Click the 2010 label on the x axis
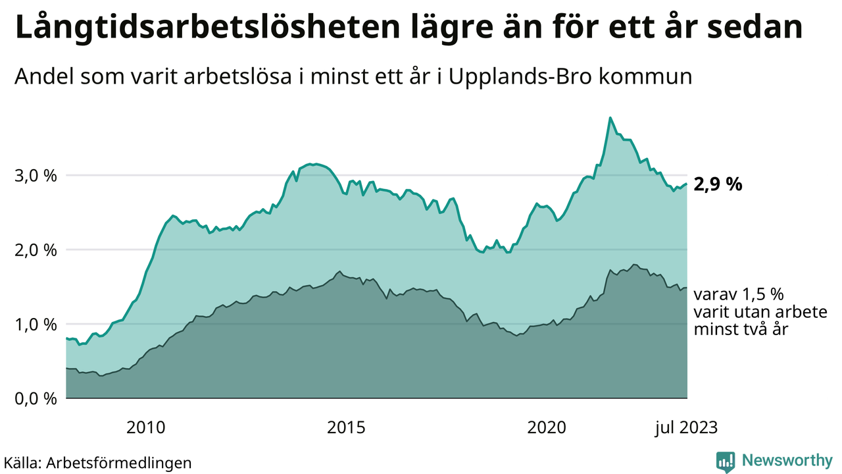145,427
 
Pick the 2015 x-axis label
346,427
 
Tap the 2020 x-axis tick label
547,427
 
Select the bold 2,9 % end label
718,185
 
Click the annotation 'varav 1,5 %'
739,294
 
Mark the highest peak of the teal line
610,118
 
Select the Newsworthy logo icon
726,461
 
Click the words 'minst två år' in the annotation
741,329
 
